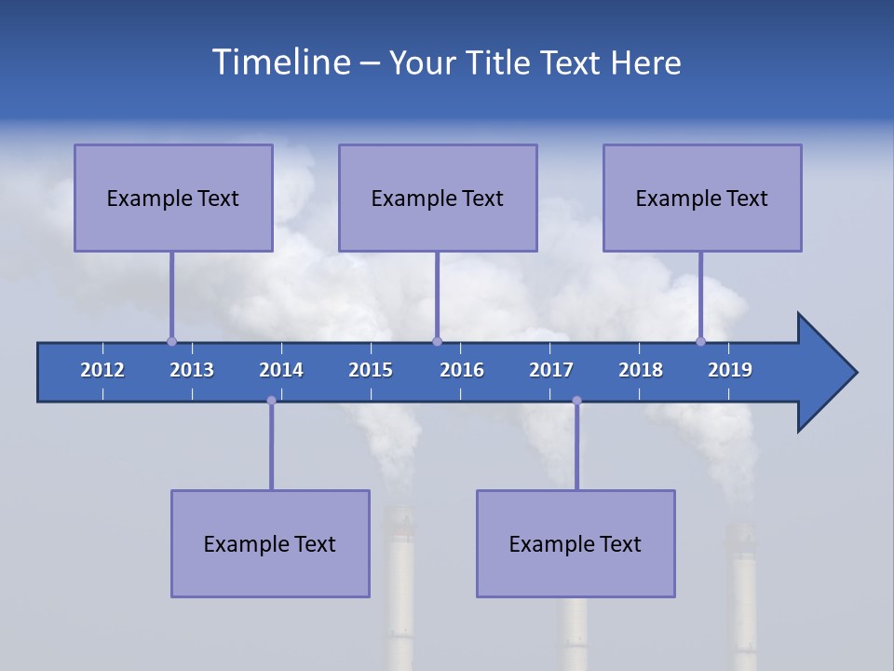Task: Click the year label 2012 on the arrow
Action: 102,370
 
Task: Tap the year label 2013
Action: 192,370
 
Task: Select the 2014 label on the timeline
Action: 281,370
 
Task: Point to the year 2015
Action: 371,370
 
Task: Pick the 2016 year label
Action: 462,370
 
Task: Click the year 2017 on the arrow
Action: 551,370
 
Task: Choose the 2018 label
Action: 641,370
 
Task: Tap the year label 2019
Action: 730,370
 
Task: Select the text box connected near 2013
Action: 173,198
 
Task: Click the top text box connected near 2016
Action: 438,198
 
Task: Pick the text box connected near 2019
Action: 702,198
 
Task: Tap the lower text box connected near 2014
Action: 270,543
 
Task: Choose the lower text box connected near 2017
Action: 576,543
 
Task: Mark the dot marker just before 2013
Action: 171,341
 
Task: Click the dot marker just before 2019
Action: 700,341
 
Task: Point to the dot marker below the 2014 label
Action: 271,401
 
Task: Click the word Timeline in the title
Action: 279,62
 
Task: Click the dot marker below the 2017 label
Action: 576,401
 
